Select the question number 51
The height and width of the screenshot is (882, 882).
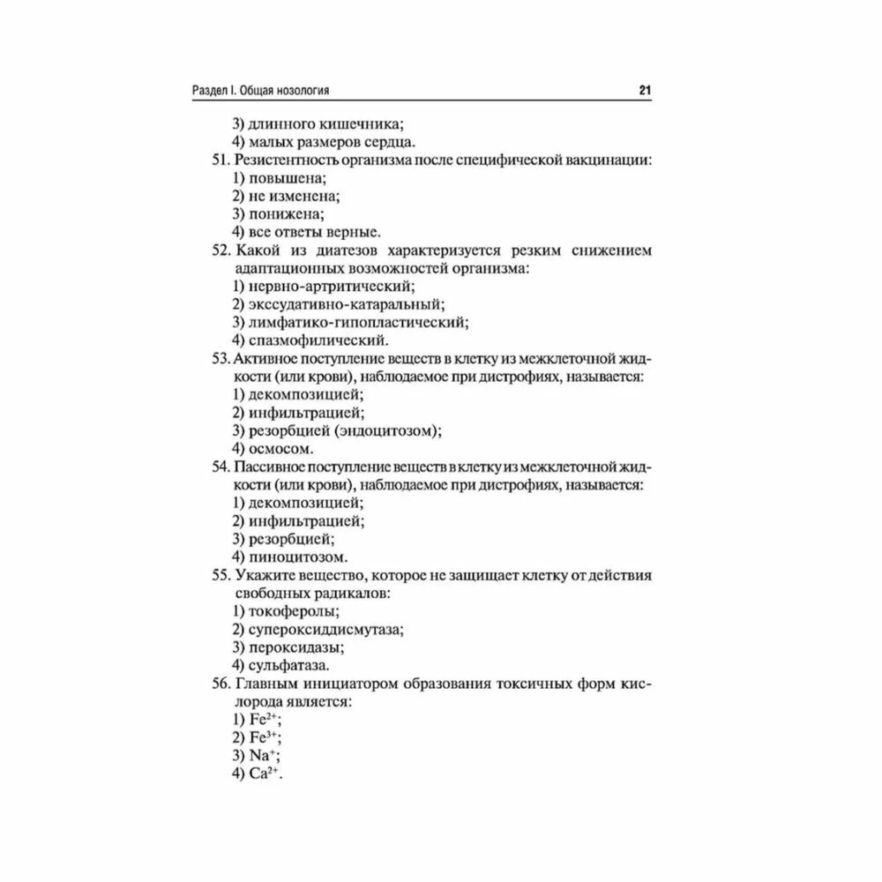pyautogui.click(x=220, y=160)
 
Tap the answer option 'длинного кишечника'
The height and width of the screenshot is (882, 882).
pyautogui.click(x=326, y=123)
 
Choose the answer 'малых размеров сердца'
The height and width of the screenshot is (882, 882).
pyautogui.click(x=331, y=141)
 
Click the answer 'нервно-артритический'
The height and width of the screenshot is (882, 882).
pyautogui.click(x=331, y=286)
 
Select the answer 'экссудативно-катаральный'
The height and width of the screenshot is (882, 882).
pyautogui.click(x=345, y=304)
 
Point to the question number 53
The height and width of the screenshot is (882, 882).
pyautogui.click(x=220, y=358)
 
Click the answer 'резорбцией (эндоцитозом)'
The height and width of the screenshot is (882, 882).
pyautogui.click(x=345, y=430)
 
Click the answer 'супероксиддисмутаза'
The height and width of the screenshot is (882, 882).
pyautogui.click(x=325, y=629)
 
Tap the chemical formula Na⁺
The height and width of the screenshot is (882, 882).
pyautogui.click(x=264, y=756)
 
